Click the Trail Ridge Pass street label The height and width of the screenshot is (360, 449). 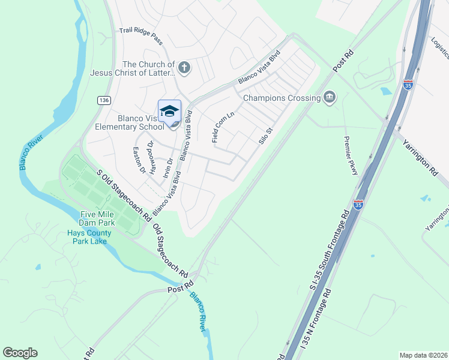[141, 35]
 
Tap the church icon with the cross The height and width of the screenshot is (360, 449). [184, 68]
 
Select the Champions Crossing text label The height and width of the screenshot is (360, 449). [281, 98]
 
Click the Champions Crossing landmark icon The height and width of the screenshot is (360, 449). [329, 97]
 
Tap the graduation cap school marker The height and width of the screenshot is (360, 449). [169, 112]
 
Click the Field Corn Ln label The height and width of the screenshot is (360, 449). [223, 126]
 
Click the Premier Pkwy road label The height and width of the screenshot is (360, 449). [351, 155]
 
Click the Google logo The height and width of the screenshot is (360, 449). [20, 353]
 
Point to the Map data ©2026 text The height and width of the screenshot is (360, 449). [423, 355]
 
